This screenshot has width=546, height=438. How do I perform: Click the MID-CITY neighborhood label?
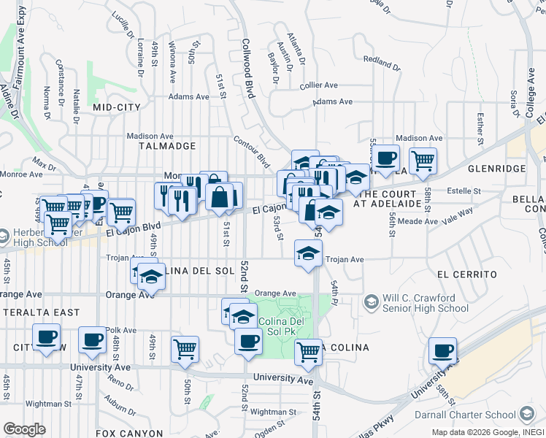[117, 107]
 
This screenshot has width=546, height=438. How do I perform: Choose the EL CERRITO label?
[467, 274]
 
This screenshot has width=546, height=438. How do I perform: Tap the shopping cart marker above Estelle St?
[423, 160]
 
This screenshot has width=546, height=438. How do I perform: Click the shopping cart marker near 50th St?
[185, 349]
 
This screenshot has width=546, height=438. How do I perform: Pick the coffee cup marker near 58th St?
[442, 350]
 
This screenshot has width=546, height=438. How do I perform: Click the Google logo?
[24, 429]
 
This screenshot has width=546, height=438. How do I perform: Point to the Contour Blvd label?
[252, 150]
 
